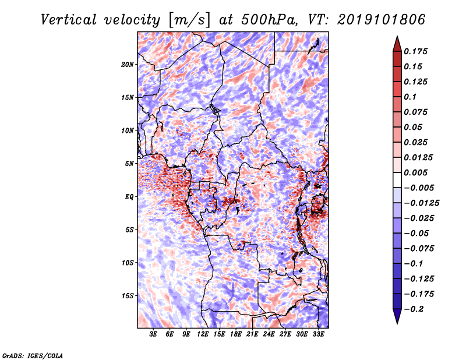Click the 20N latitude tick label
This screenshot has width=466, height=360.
point(127,65)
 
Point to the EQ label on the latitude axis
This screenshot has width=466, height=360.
point(129,197)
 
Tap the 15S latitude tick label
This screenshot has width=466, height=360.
point(128,296)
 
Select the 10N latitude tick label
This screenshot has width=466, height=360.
point(127,130)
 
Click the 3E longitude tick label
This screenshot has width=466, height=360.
point(153,334)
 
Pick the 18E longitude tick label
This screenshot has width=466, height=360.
point(236,334)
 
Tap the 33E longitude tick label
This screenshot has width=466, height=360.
point(318,334)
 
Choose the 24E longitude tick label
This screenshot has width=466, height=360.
point(269,334)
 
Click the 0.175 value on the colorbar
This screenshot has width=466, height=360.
point(416,51)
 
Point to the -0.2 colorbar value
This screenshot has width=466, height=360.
point(414,309)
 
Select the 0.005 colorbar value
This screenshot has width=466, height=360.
point(416,172)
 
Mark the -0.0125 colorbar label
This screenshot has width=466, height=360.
point(421,203)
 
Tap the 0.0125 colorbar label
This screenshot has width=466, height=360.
point(418,157)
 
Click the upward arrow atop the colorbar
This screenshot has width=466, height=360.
point(397,44)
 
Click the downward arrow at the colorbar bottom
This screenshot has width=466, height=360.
point(397,316)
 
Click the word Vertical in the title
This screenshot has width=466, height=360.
point(69,20)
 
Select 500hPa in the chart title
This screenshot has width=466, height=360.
point(269,20)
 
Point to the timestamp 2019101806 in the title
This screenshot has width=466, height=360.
point(382,20)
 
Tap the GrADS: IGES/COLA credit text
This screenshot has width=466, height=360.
point(33,356)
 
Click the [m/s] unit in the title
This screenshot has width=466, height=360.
point(189,20)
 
